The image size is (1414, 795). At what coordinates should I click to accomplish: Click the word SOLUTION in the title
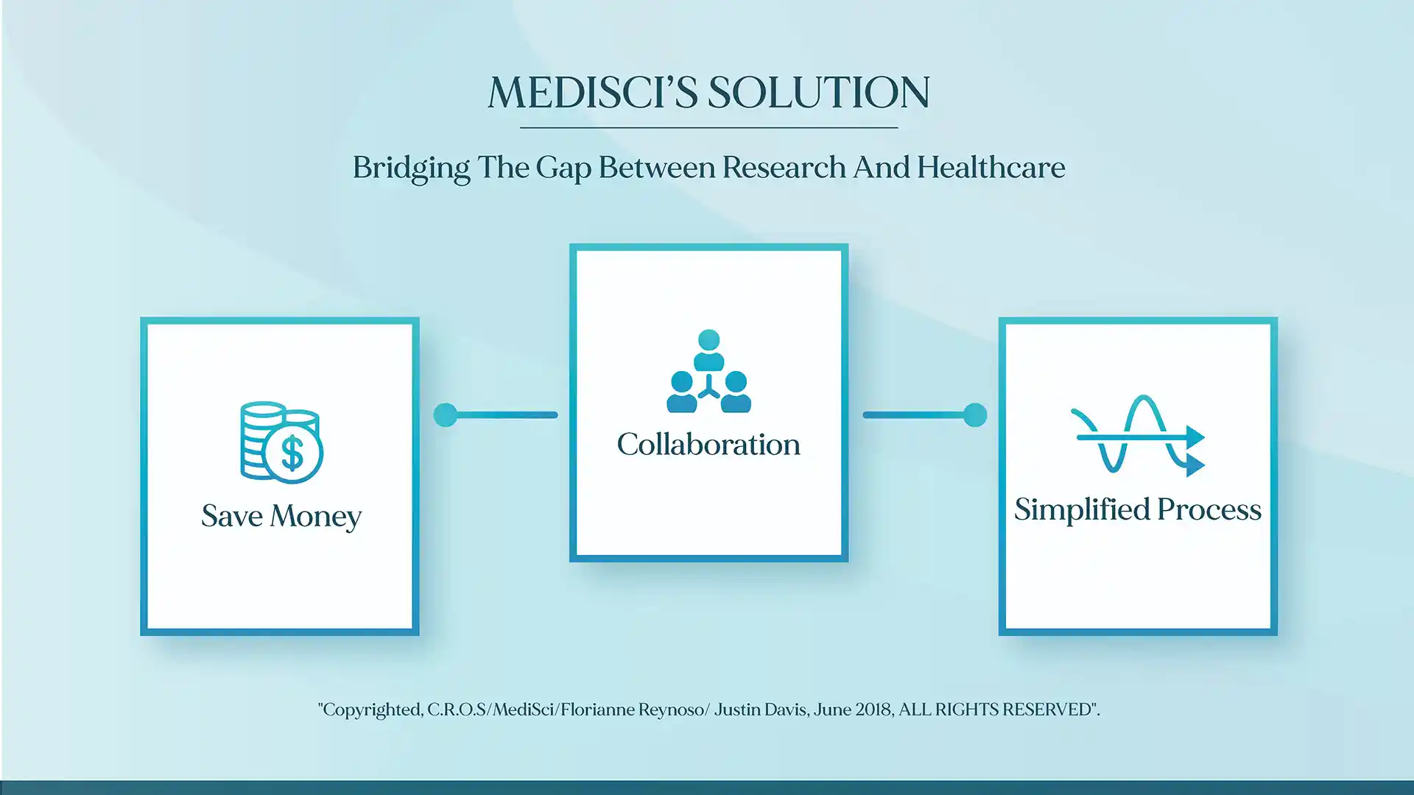pos(819,93)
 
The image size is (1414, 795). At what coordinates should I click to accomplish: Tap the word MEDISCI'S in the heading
pos(593,93)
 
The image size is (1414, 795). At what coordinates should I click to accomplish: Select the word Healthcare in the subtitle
pos(991,168)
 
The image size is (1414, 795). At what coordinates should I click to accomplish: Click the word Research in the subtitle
pos(784,168)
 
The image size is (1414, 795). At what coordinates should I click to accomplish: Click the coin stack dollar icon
pos(281,442)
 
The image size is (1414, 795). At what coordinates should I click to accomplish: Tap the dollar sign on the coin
pos(292,453)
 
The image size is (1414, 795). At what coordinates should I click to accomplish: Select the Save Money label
pos(281,516)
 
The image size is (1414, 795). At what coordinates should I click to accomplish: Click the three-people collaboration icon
pos(708,371)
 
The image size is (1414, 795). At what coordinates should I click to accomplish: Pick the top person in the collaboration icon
pos(708,350)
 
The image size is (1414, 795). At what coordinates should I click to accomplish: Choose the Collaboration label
pos(708,445)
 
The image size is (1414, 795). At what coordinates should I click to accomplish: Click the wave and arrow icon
pos(1138,437)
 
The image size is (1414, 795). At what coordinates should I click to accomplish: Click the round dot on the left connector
pos(446,415)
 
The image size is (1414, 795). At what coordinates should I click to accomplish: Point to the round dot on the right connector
pos(975,415)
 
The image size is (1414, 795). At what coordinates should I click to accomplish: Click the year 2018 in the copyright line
pos(873,710)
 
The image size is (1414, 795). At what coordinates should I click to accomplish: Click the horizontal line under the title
pos(708,128)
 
